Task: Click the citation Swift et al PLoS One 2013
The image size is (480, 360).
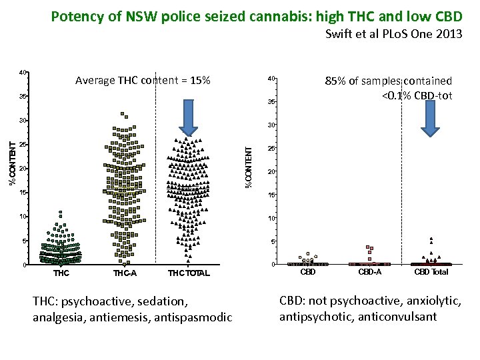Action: (x=393, y=35)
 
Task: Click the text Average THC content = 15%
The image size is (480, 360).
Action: (x=143, y=81)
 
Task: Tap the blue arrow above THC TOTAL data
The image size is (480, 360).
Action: (x=189, y=121)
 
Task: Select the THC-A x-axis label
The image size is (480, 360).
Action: (x=125, y=273)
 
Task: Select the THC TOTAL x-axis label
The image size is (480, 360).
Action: (x=189, y=273)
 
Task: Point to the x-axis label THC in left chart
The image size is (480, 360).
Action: (x=61, y=273)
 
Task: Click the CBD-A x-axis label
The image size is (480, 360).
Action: (x=370, y=272)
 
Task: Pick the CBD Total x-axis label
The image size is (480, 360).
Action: (x=431, y=272)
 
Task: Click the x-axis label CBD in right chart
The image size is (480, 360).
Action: (x=308, y=272)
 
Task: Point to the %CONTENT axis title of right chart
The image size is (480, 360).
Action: (x=249, y=167)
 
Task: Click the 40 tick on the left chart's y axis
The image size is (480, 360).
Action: (x=23, y=72)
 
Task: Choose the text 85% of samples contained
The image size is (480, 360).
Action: (x=388, y=81)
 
